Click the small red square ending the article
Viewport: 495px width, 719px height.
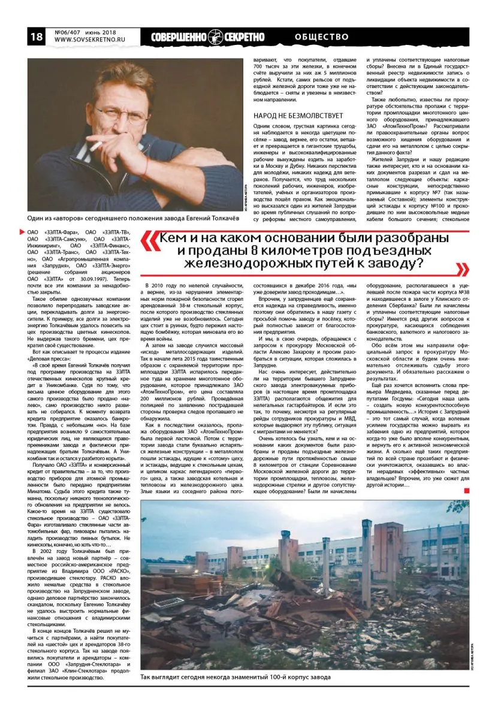(x=465, y=492)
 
